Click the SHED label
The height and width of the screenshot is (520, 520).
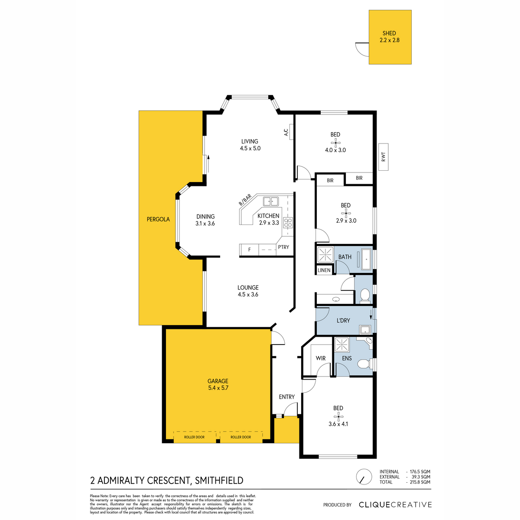[x=389, y=33]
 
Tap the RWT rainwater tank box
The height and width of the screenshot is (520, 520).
[x=383, y=157]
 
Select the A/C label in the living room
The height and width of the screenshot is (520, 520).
[x=286, y=132]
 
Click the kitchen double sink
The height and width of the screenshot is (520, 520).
[x=271, y=201]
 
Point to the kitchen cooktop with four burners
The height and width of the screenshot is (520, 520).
[x=288, y=223]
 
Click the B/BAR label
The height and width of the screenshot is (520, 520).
[x=245, y=200]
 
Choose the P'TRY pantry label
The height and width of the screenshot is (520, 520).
[x=283, y=247]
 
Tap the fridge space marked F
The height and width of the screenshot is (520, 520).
[x=249, y=250]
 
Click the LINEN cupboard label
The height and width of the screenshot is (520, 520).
[x=324, y=270]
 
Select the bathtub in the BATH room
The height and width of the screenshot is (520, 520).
[x=367, y=259]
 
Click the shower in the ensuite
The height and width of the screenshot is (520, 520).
[x=341, y=344]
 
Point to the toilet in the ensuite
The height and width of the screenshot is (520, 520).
[x=364, y=364]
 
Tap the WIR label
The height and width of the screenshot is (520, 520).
[x=321, y=358]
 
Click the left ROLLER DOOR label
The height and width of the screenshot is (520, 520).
[x=194, y=437]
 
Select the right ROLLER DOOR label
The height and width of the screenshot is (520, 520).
[x=240, y=437]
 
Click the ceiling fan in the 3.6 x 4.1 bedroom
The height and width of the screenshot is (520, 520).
[x=338, y=417]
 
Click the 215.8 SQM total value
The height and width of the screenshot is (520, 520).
[x=420, y=482]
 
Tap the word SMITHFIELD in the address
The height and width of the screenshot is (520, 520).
[x=219, y=481]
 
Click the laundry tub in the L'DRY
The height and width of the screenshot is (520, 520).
[x=365, y=329]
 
